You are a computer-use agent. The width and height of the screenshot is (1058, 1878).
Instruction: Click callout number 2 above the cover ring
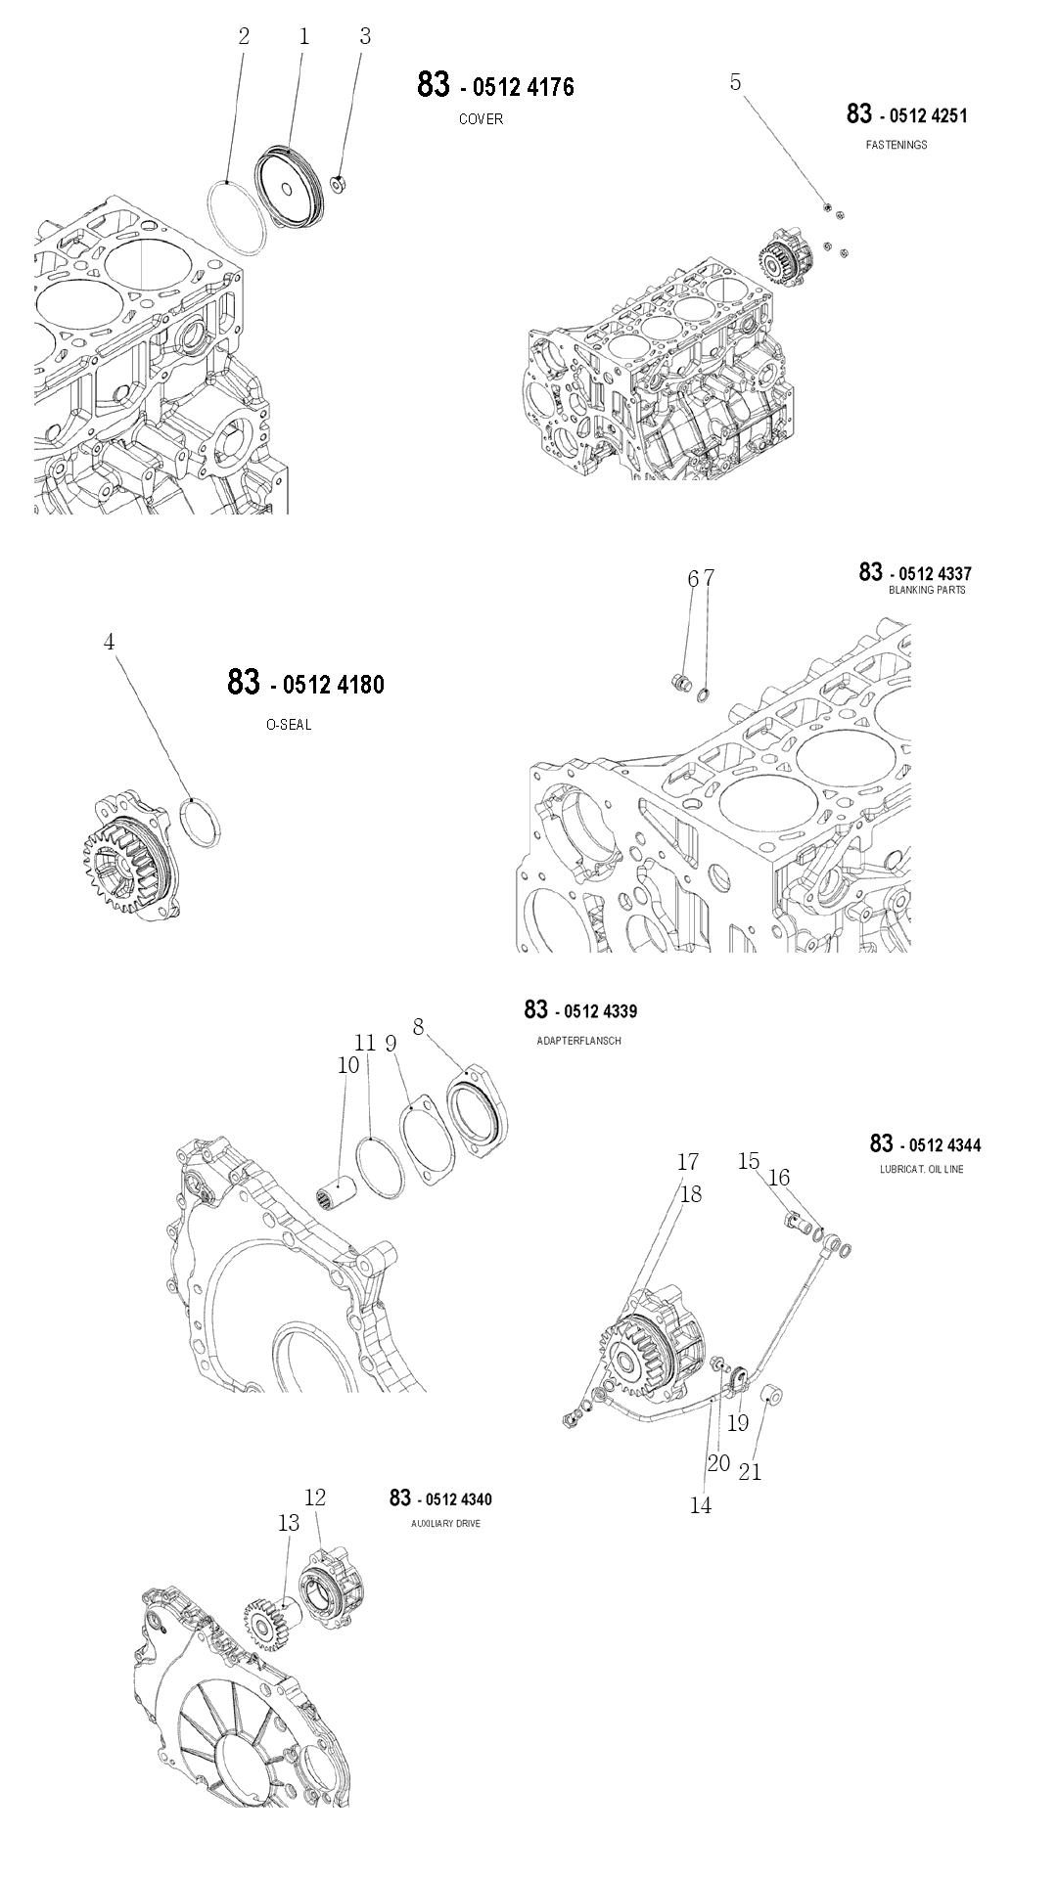[244, 37]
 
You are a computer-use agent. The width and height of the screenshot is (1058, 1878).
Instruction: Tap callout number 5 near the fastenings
[736, 83]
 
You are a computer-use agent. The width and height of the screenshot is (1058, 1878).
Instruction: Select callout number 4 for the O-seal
[110, 642]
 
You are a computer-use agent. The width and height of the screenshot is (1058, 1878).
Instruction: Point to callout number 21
[750, 1470]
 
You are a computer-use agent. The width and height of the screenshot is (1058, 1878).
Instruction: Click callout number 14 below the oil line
[701, 1505]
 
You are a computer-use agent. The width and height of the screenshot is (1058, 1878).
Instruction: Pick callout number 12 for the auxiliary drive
[315, 1498]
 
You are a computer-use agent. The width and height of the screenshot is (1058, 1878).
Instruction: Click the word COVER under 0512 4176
[481, 119]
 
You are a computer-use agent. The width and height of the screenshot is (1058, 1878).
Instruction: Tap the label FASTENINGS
[897, 145]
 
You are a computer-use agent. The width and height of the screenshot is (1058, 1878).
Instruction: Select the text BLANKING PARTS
[927, 590]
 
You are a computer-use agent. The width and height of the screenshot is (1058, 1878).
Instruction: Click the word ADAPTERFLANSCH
[578, 1041]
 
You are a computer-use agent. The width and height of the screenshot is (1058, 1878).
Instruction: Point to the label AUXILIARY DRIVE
[446, 1524]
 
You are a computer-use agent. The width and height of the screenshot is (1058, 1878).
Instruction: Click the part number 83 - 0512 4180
[305, 683]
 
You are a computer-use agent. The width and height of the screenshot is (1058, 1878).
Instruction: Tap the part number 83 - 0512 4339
[580, 1010]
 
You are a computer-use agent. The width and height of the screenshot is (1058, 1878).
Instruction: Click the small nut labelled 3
[338, 183]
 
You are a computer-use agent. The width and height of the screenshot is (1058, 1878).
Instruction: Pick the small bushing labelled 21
[772, 1393]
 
